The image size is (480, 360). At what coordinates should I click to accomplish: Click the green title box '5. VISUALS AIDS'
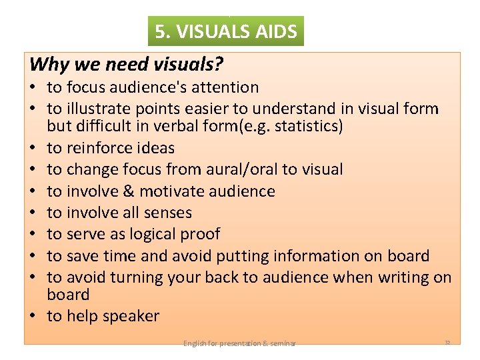226,31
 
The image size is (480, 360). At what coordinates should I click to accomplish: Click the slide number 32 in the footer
447,343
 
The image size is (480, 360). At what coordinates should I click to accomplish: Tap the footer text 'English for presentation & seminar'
239,343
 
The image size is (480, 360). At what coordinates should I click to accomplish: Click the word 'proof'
200,234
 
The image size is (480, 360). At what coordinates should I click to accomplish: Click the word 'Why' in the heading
47,65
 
